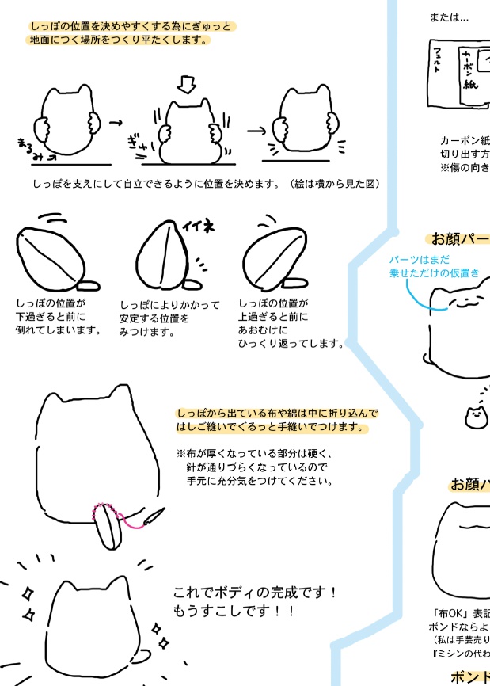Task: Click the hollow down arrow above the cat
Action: point(186,84)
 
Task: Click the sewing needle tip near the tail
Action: point(161,512)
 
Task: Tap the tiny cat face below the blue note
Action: point(476,417)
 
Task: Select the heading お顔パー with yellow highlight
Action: point(458,238)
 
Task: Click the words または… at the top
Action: point(449,17)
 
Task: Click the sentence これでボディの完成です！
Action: point(256,593)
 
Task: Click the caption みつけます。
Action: point(146,332)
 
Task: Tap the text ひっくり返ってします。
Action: point(291,343)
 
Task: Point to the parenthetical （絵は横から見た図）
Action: point(334,184)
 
